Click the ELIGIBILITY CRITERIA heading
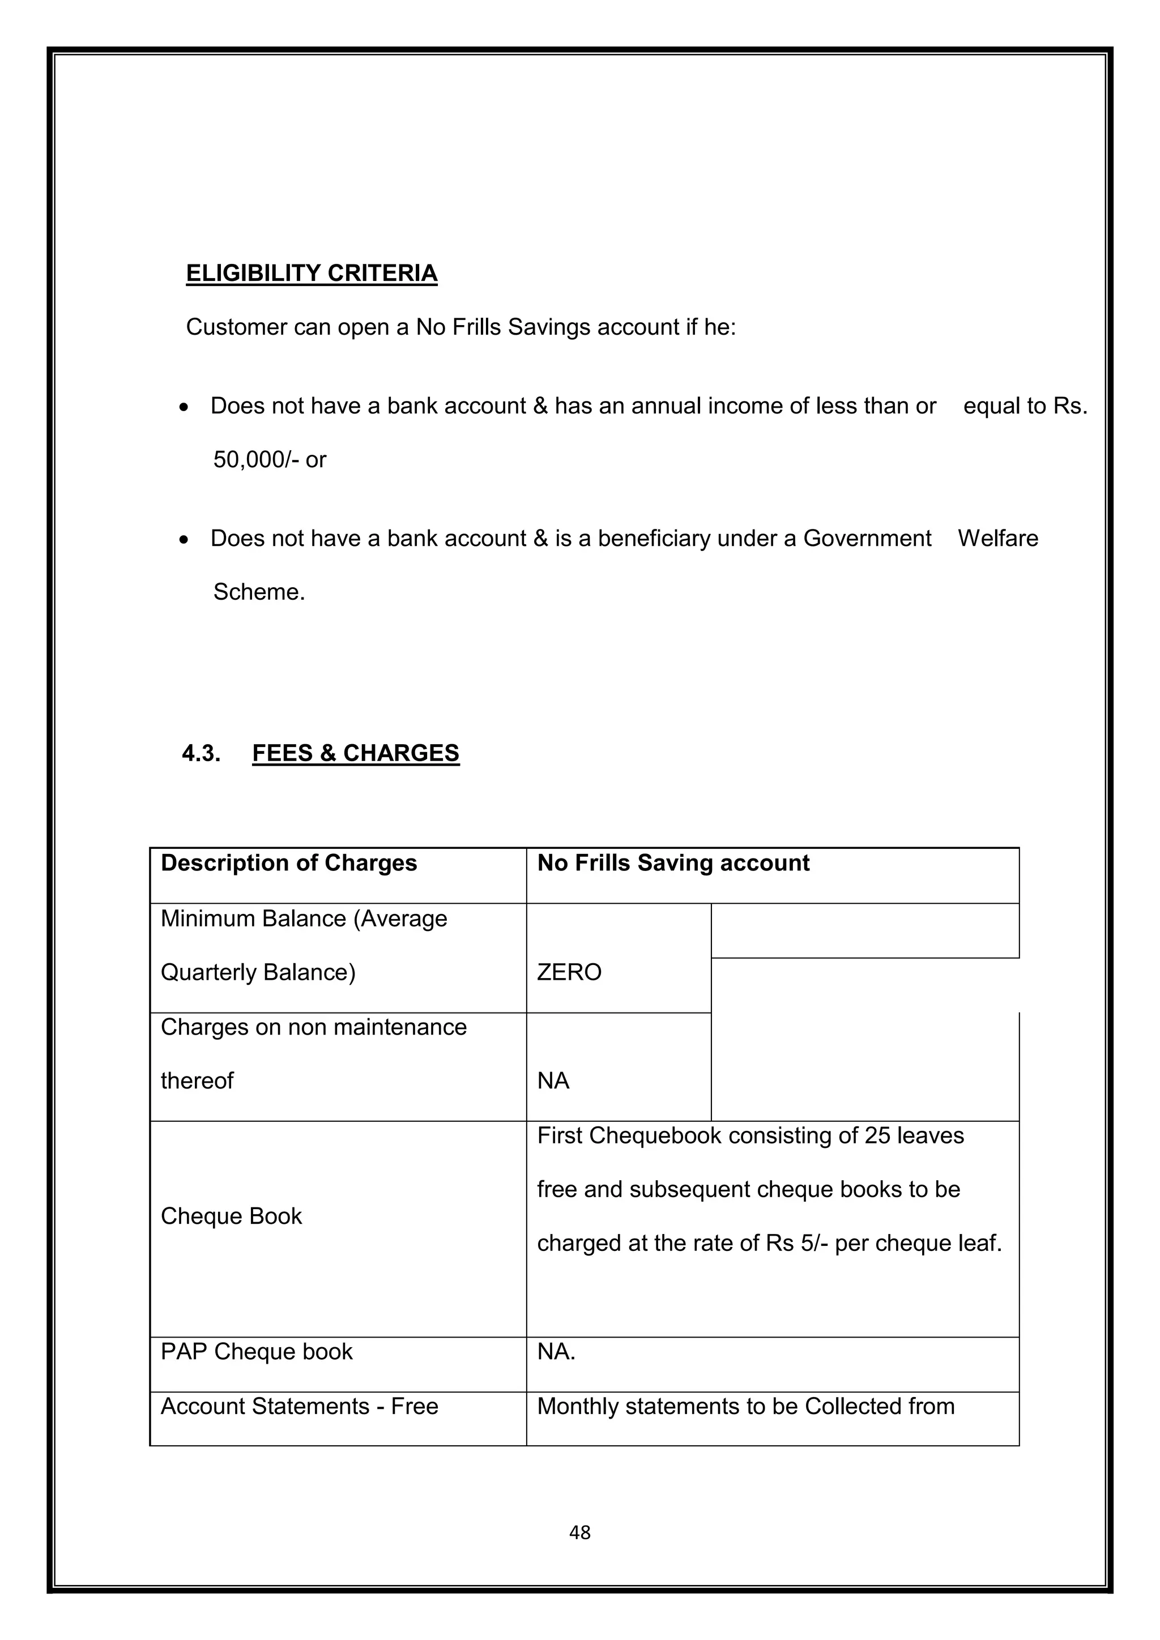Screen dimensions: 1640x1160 [x=312, y=274]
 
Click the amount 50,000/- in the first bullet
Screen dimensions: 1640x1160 [x=255, y=459]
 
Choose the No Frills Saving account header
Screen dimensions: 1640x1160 [x=673, y=863]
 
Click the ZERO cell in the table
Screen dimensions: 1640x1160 [x=569, y=972]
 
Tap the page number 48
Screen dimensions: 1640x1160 [x=579, y=1532]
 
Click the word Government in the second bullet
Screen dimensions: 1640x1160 [x=867, y=538]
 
